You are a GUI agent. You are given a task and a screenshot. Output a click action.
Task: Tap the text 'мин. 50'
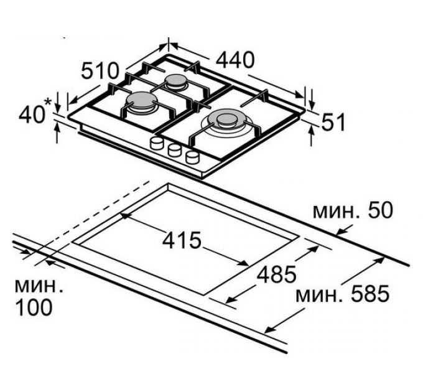pyautogui.click(x=352, y=210)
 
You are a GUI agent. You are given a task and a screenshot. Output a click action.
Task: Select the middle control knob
pyautogui.click(x=174, y=150)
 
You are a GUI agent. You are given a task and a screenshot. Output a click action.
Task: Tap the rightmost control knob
pyautogui.click(x=193, y=156)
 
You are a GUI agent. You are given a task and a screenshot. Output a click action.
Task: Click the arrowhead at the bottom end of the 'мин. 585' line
pyautogui.click(x=269, y=330)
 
